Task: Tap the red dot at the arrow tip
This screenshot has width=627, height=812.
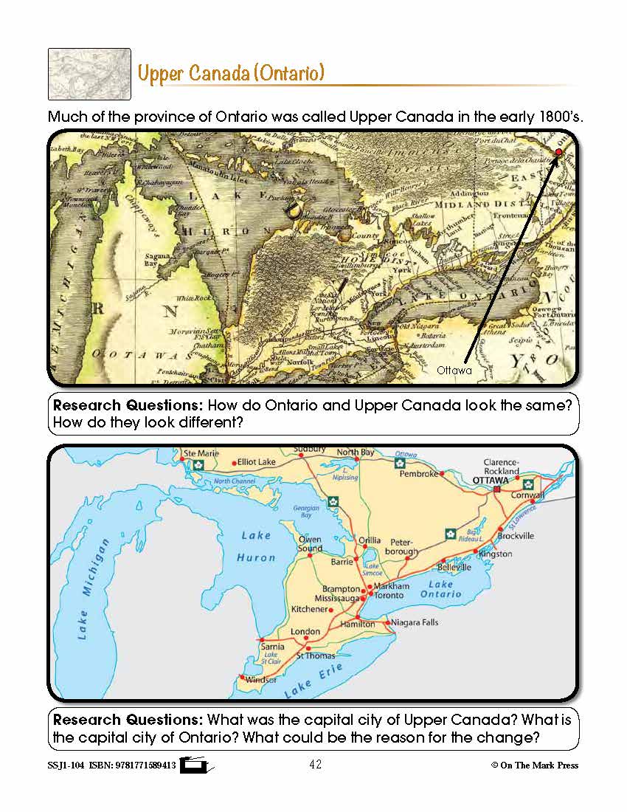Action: [558, 152]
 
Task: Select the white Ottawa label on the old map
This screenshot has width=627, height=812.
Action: [454, 371]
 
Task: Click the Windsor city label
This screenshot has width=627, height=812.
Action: [262, 679]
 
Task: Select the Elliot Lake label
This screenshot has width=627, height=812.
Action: [257, 462]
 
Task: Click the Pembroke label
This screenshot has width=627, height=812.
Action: [419, 474]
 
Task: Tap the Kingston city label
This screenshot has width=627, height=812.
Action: [495, 554]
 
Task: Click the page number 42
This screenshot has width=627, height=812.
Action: [315, 765]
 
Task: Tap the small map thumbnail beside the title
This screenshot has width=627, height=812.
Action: [89, 74]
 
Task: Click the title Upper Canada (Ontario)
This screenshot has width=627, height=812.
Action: [231, 74]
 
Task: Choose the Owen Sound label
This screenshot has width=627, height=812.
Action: [310, 544]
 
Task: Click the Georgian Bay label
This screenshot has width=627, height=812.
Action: [307, 512]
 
